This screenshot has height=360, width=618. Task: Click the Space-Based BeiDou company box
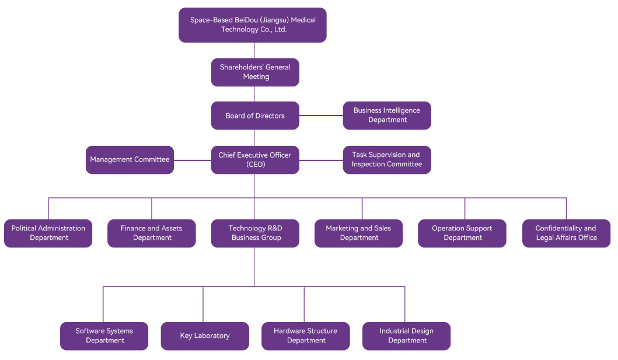point(253,25)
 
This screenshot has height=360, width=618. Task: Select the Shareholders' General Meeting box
point(255,72)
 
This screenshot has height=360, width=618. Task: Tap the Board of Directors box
point(255,116)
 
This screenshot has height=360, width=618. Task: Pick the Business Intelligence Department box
point(387,116)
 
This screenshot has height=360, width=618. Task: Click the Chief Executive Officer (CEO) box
point(255,160)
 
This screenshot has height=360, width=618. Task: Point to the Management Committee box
point(130,160)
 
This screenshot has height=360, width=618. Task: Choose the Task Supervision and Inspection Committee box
point(387,160)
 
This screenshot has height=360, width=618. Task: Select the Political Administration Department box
point(48,233)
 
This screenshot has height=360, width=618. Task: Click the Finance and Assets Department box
point(152,233)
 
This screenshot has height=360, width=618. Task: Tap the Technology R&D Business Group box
point(255,233)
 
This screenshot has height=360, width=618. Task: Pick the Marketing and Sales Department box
point(358,233)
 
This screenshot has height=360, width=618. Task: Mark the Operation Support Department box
point(462,233)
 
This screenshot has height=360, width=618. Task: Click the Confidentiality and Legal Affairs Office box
point(566,233)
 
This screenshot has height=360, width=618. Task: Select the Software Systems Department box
point(104,336)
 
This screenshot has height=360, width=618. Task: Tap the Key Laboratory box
point(205,336)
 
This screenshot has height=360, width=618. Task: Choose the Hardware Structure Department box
point(305,336)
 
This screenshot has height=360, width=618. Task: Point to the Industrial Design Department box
point(406,336)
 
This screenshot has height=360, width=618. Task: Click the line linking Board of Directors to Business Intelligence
point(321,116)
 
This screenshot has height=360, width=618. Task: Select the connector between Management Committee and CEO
point(193,160)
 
